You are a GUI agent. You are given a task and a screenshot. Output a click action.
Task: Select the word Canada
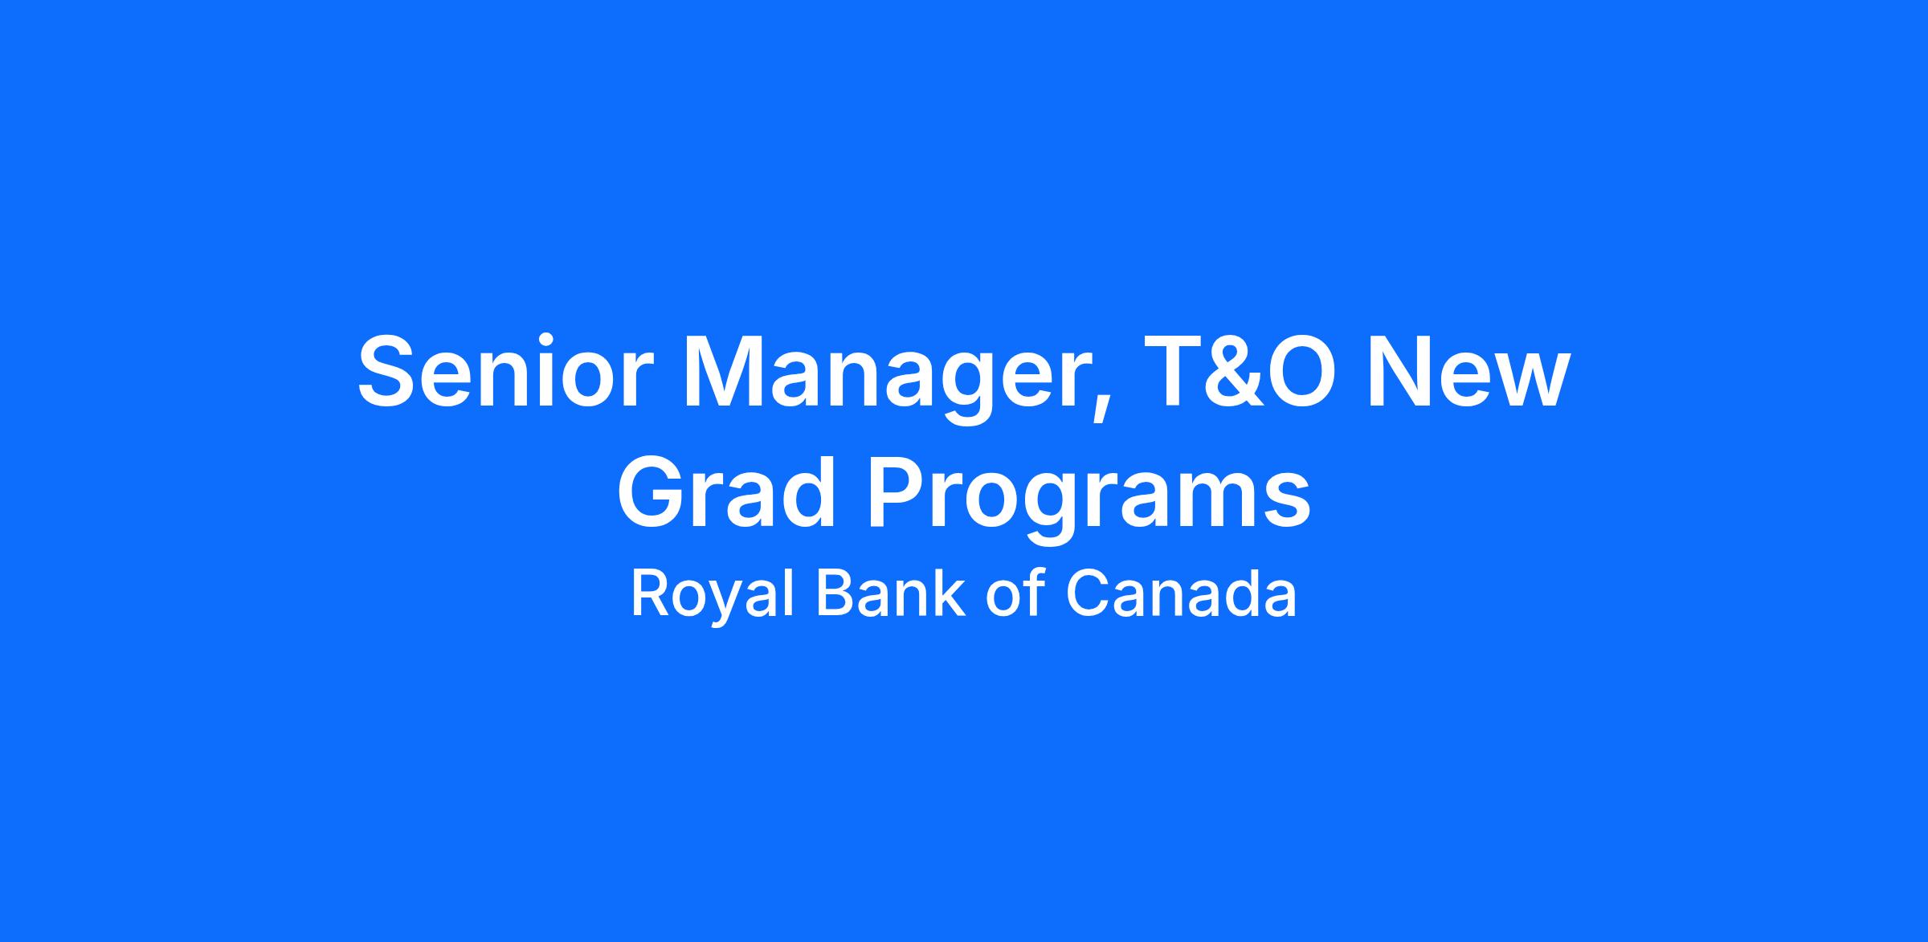pyautogui.click(x=1181, y=593)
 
